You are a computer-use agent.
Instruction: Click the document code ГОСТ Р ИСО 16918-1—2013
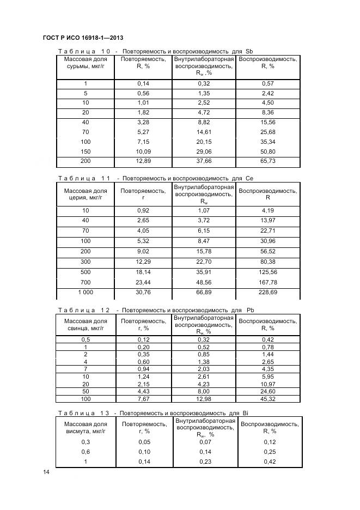pos(83,38)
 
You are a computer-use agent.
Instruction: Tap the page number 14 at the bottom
pos(46,472)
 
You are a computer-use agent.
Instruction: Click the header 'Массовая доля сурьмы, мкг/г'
pos(86,63)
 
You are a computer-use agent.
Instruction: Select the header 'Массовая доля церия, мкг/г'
pos(86,195)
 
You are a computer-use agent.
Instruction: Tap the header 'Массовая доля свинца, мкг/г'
pos(86,325)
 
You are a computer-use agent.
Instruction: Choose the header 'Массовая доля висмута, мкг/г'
pos(86,428)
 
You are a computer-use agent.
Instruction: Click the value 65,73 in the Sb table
pos(268,161)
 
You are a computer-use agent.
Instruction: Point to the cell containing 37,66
pos(204,161)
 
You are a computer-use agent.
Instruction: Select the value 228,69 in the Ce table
pos(268,293)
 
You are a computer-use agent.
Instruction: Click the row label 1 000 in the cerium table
pos(86,293)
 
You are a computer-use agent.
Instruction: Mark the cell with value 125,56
pos(268,272)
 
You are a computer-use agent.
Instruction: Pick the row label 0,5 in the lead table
pos(86,339)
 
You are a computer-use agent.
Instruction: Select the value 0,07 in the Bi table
pos(205,442)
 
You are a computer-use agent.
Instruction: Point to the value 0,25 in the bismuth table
pos(269,452)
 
